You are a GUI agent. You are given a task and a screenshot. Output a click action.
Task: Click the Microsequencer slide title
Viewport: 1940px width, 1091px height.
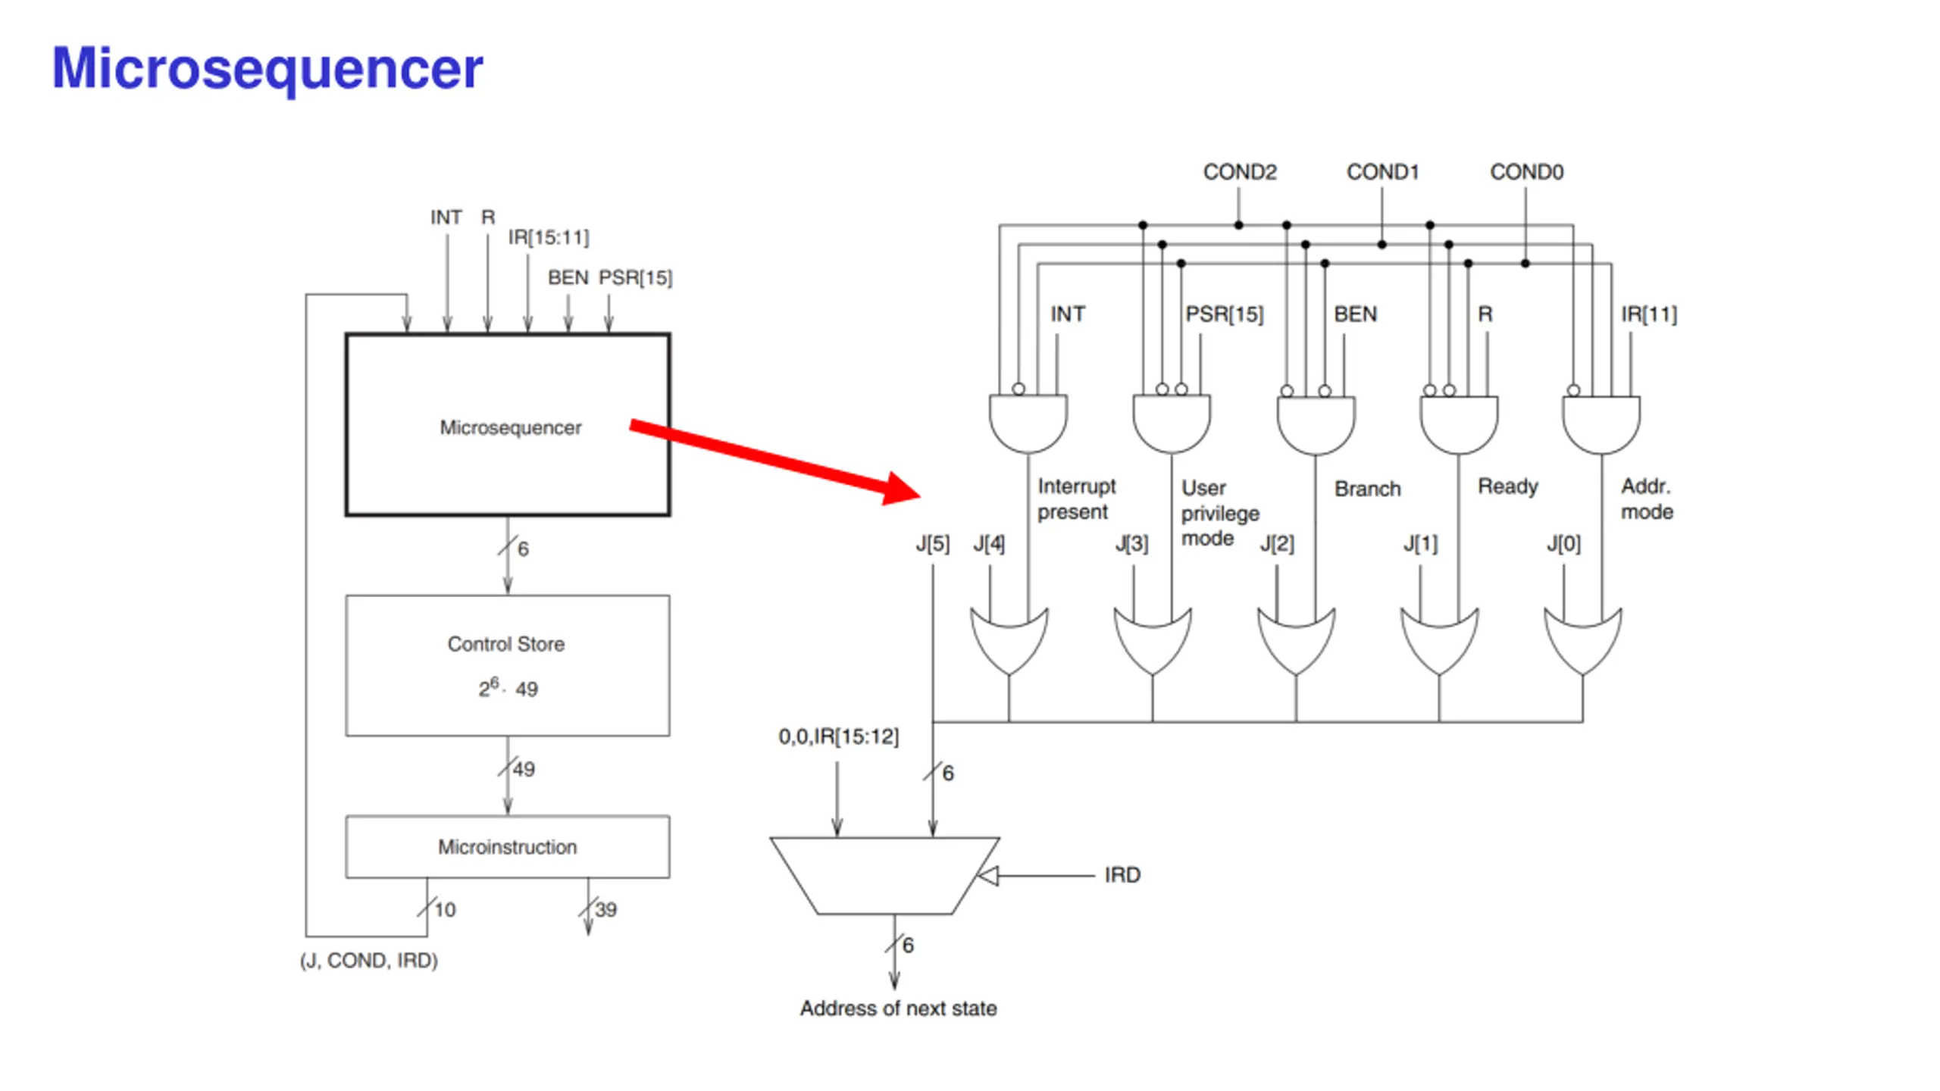click(267, 69)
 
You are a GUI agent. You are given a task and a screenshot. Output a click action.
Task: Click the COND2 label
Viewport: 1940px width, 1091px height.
click(1239, 172)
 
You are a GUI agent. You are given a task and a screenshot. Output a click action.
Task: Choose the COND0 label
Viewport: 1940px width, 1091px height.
click(1525, 172)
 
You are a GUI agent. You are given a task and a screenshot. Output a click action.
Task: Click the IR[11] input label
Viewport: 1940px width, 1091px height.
click(1648, 314)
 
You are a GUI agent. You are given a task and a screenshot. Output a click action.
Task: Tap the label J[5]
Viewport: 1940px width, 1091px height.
click(932, 543)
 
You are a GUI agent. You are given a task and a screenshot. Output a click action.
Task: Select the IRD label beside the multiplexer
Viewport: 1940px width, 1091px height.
click(1122, 875)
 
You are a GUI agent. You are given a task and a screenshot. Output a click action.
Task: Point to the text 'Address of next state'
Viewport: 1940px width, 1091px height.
click(898, 1008)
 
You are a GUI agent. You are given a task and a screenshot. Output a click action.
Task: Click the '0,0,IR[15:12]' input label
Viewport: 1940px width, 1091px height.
click(838, 736)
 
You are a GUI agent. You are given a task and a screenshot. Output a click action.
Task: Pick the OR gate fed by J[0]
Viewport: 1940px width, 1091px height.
click(1582, 640)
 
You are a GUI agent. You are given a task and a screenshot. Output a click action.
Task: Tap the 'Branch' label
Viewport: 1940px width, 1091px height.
click(1367, 489)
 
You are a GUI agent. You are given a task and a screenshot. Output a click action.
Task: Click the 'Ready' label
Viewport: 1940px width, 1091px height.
click(1507, 486)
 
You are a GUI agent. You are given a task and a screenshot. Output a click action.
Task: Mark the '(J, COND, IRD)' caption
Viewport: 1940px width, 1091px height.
click(369, 961)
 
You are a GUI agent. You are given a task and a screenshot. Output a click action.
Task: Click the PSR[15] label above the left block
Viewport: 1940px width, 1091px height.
click(635, 278)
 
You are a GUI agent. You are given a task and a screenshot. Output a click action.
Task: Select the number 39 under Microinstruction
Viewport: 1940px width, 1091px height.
click(605, 909)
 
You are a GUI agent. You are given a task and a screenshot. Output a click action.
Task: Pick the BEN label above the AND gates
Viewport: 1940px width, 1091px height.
click(1355, 314)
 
